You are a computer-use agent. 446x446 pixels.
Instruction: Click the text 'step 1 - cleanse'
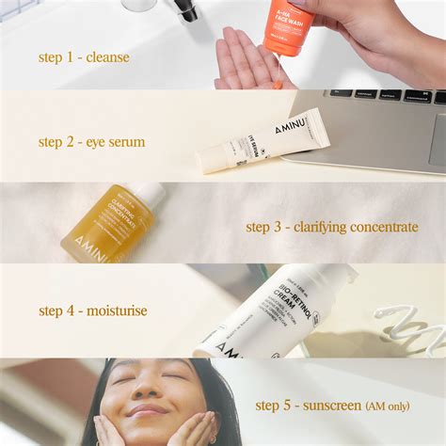click(x=84, y=57)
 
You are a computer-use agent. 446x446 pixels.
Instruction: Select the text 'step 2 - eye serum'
click(x=91, y=142)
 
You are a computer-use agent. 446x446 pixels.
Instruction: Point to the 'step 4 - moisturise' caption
click(x=92, y=311)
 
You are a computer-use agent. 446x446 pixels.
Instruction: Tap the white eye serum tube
click(x=263, y=142)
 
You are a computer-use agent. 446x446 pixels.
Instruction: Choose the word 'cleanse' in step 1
click(x=106, y=57)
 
